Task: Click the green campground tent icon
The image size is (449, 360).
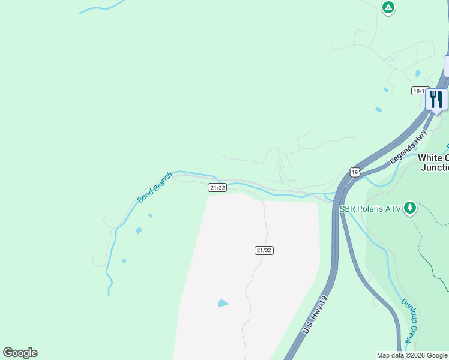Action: pos(388,7)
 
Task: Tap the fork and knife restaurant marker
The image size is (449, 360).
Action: pos(436,100)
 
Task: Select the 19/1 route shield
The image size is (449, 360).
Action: pos(419,91)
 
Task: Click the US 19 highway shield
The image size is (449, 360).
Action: pos(355,172)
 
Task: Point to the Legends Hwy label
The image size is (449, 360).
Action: pos(408,148)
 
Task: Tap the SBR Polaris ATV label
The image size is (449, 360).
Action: pos(370,209)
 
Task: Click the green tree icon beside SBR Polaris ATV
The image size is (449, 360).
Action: pos(410,208)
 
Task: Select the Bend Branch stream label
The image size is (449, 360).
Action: pos(154,187)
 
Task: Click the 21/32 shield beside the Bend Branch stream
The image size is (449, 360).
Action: pos(217,188)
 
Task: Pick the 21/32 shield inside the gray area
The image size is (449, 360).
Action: pos(264,250)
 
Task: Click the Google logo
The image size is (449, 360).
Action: pos(20,353)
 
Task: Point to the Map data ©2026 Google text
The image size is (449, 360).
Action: pos(411,355)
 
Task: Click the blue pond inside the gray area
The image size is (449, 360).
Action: pos(223,303)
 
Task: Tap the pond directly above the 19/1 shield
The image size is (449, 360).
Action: pos(418,73)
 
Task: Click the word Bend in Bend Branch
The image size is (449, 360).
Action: pos(145,194)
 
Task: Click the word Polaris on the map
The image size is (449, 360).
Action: pos(372,209)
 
